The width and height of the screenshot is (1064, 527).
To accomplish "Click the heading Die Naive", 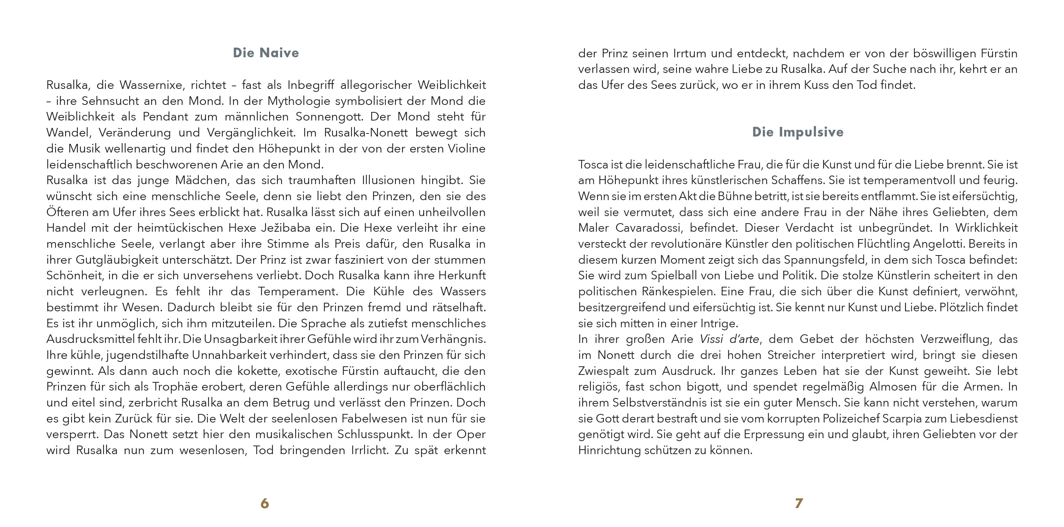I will [265, 53].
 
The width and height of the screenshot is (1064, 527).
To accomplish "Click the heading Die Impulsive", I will [797, 132].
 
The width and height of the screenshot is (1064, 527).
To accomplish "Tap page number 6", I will [265, 503].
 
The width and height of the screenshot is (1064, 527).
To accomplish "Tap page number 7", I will [799, 503].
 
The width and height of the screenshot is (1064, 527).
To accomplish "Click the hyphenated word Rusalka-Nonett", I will [366, 133].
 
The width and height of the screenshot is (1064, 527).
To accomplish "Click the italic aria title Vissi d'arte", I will [729, 339].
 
